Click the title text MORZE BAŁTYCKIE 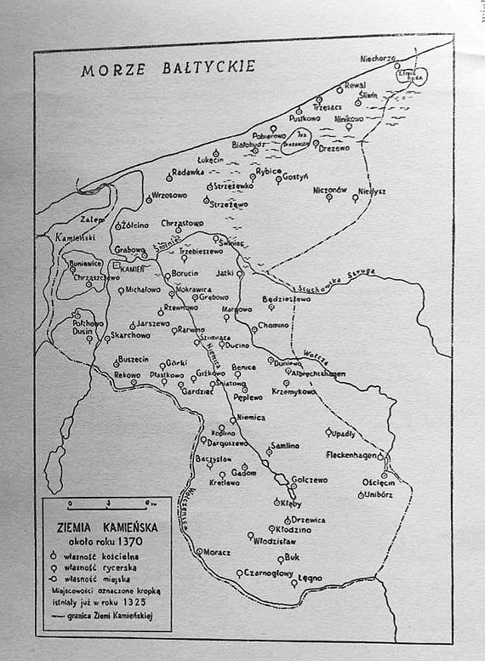pyautogui.click(x=168, y=69)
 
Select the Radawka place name pyautogui.click(x=189, y=172)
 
